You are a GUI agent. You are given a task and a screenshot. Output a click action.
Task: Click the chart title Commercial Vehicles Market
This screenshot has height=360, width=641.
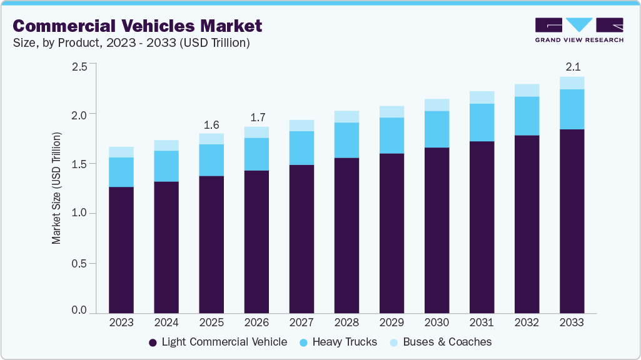(137, 26)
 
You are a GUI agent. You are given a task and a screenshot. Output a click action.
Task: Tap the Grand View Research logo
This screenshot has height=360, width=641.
(579, 29)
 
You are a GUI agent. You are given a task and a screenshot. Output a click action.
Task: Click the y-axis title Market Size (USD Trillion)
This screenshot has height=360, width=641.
(57, 188)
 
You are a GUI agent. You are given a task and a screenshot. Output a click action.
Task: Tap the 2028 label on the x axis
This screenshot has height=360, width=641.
(346, 323)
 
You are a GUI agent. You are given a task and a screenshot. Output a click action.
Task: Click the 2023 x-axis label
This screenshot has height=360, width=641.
(121, 323)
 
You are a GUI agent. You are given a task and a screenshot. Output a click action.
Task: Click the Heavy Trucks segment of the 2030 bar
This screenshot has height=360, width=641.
(437, 129)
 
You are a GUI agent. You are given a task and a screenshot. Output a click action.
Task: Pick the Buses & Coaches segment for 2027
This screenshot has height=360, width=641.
(301, 126)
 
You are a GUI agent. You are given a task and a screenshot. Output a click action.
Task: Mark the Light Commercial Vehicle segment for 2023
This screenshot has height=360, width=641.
(121, 250)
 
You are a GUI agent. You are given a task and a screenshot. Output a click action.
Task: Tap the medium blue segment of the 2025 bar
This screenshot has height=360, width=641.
(211, 160)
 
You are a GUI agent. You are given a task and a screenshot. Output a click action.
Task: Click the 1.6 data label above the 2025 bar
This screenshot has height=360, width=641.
(211, 124)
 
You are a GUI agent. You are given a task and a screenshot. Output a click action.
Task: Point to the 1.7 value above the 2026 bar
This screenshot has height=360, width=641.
(256, 117)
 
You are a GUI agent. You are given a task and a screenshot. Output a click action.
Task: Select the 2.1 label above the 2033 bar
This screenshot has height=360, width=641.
(572, 67)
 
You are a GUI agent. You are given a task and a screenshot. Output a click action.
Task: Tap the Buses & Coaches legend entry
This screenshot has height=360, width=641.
(440, 342)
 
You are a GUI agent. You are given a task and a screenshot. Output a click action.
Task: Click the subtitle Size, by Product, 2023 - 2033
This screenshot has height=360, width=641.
(131, 43)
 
